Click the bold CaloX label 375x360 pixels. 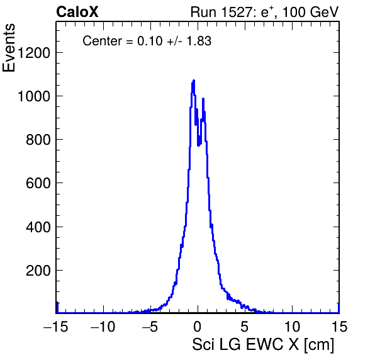point(77,12)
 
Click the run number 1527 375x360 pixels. point(237,12)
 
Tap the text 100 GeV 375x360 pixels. point(310,12)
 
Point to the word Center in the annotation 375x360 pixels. point(102,41)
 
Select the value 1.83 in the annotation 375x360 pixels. point(199,41)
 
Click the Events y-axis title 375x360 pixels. point(9,48)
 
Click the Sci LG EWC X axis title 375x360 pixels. point(245,345)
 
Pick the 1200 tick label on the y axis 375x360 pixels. point(34,53)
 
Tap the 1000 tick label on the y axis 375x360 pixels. point(34,96)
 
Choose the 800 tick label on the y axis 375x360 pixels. point(38,140)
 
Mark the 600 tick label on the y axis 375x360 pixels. point(38,183)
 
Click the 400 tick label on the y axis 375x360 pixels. point(38,227)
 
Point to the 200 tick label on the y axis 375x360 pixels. point(38,271)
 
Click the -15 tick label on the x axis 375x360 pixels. point(56,326)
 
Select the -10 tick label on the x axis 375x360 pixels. point(103,326)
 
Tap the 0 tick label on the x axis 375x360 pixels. point(198,326)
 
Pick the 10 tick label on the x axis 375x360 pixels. point(292,326)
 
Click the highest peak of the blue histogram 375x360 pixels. point(194,81)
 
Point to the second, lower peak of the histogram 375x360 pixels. point(203,99)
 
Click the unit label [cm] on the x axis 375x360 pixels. point(319,345)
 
